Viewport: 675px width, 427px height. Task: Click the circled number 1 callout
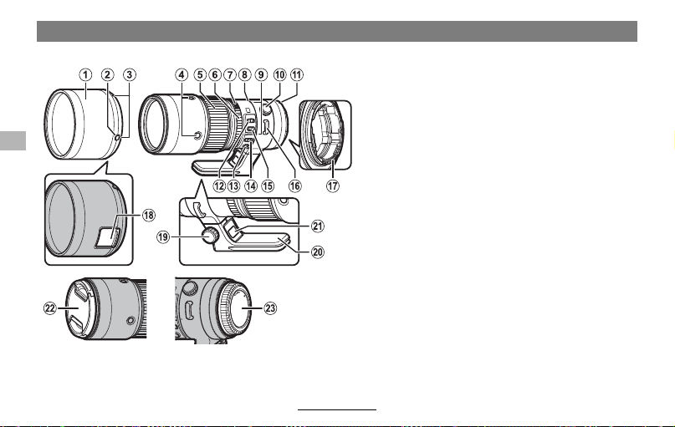[x=85, y=75]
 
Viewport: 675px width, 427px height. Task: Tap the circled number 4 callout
[x=182, y=75]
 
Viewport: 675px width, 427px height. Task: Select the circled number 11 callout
[x=297, y=75]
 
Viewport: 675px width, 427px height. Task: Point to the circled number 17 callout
[x=332, y=186]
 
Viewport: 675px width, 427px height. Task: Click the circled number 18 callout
[x=149, y=215]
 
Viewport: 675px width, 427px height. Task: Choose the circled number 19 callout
[x=163, y=237]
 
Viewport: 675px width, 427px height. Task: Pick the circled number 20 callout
[x=318, y=252]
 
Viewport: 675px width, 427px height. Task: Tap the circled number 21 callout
[x=318, y=226]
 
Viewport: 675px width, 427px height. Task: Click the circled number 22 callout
[x=50, y=308]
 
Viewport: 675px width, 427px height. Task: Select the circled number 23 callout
[x=270, y=308]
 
